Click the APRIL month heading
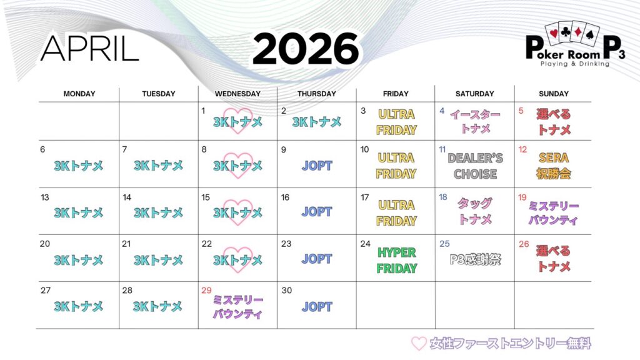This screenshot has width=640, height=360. coord(90,49)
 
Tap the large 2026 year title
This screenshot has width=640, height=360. coord(306,49)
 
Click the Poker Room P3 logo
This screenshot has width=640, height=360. coord(575,44)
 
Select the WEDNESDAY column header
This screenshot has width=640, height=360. coord(237,94)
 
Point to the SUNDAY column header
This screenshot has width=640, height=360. coord(554,94)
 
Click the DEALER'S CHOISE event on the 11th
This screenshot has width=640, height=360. coord(475,166)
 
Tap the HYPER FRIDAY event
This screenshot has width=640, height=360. coord(396,261)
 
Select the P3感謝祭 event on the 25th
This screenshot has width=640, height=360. coord(475,259)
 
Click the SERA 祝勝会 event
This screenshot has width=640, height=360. coord(554,166)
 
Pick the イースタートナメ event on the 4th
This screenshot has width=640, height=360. coord(475,121)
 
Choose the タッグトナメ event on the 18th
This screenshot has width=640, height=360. coord(475,211)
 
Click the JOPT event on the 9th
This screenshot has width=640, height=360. coord(317,166)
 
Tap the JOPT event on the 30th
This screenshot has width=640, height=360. coord(317,306)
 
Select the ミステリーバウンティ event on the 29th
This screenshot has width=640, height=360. coord(237,307)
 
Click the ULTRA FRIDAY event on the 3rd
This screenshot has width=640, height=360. coord(396,122)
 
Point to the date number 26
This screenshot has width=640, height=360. coord(524,244)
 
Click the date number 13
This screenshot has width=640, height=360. coord(45,197)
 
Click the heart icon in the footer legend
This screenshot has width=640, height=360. coord(419,344)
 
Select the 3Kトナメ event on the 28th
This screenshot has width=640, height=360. coord(158,306)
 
